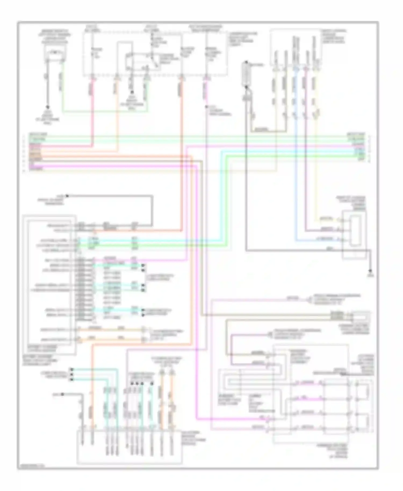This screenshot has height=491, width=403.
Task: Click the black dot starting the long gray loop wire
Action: pos(67,196)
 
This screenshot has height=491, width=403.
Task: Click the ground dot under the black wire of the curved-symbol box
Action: pos(48,107)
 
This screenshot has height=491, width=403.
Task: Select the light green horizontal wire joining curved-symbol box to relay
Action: pos(105,111)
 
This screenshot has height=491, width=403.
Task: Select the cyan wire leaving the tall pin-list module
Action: pos(113,240)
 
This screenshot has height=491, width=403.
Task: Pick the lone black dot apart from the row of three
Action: pos(62,394)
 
